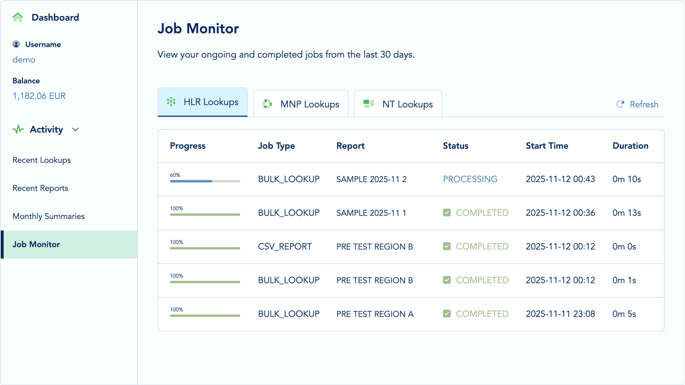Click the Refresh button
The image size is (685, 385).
pos(637,104)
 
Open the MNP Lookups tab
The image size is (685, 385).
pos(301,104)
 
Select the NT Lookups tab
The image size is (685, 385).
pos(398,104)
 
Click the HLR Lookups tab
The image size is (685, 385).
pos(202,102)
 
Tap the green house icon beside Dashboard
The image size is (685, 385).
pos(18,17)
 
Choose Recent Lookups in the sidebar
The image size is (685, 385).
pos(41,160)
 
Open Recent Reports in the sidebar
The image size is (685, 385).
pos(40,188)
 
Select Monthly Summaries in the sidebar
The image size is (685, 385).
pos(49,216)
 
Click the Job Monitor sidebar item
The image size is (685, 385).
pos(36,244)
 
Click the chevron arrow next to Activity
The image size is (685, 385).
pos(76,130)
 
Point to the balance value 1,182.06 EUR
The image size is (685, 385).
pos(39,96)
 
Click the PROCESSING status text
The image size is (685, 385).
pos(470,179)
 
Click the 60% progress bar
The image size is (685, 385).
pos(205,181)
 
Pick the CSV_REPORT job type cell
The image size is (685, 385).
pos(285,247)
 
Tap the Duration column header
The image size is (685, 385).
pos(630,146)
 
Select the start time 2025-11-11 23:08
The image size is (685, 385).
pos(560,314)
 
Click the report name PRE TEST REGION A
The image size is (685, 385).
pos(375,314)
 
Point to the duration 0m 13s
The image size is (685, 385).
pos(626,213)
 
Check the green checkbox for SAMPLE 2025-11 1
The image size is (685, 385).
pos(447,213)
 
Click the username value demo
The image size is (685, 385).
pos(24,60)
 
